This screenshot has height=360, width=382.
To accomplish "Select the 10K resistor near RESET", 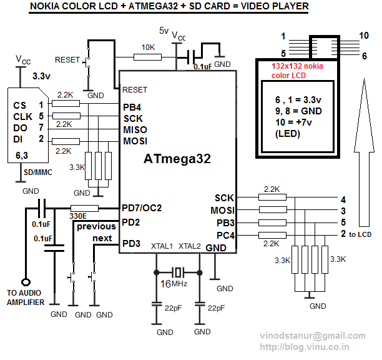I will click(x=148, y=56).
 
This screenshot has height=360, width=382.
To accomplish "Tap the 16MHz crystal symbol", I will click(x=179, y=272).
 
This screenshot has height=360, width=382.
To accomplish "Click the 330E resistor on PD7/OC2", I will click(x=84, y=208).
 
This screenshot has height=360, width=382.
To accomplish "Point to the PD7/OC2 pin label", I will click(x=142, y=207).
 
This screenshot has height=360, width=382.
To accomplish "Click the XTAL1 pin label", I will click(x=162, y=246).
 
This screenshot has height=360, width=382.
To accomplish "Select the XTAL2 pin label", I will click(x=190, y=246).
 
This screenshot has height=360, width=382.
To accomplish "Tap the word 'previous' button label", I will click(x=96, y=226).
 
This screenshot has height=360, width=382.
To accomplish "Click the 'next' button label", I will click(x=102, y=238).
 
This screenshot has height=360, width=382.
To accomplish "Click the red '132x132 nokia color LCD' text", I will click(x=297, y=70).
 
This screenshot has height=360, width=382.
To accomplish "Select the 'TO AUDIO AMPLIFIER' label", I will click(x=26, y=298).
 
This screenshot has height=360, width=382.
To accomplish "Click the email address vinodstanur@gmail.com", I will click(x=313, y=336).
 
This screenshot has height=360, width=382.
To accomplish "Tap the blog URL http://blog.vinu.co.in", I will click(x=304, y=347).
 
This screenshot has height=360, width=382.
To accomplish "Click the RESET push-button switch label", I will click(x=67, y=60).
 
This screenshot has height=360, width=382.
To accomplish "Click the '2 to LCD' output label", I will click(x=356, y=234).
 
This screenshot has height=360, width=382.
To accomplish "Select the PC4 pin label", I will click(x=224, y=235).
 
